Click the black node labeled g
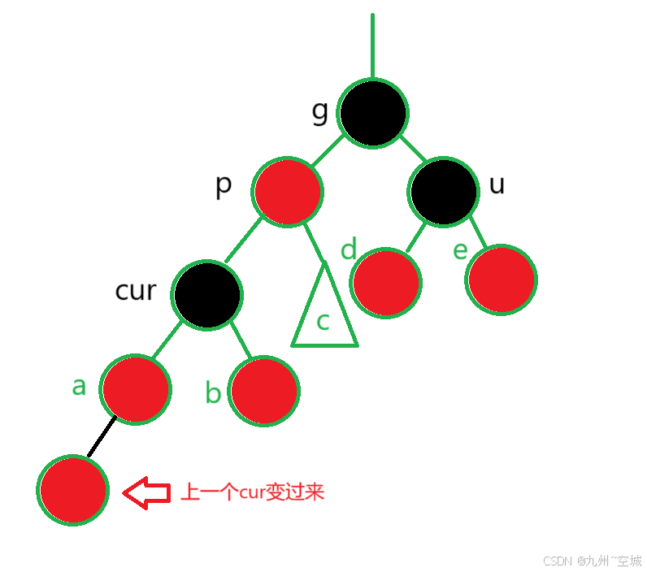point(373,113)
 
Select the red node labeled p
point(288,192)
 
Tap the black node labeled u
point(444,191)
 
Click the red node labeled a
point(136,388)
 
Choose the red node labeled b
point(264,390)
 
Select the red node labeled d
point(386,283)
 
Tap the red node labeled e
point(502,279)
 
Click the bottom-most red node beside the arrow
point(72,491)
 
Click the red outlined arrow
point(146,492)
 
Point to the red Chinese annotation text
point(252,492)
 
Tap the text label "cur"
point(135,290)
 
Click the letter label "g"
point(320,112)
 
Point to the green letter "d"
point(349,249)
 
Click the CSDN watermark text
point(592,561)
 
